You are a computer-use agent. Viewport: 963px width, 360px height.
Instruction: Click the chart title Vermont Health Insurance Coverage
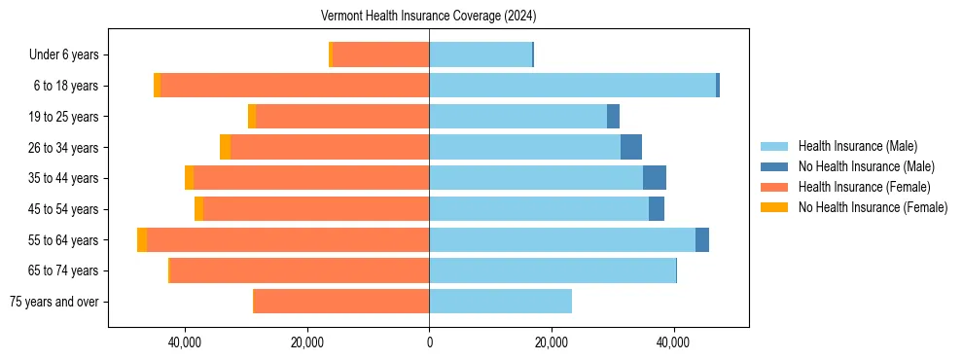tap(428, 17)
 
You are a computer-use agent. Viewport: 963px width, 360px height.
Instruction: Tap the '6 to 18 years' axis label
tap(65, 86)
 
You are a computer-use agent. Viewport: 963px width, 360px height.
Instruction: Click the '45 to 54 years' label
tap(63, 209)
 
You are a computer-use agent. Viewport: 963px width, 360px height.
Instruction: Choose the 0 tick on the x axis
tap(429, 342)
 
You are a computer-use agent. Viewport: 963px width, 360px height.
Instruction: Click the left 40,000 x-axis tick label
tap(184, 342)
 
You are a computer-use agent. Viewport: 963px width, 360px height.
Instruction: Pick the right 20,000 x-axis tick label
tap(552, 342)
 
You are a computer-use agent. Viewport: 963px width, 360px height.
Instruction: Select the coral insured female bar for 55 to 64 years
tap(288, 239)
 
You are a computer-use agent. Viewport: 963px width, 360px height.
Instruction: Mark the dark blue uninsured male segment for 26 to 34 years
tap(631, 147)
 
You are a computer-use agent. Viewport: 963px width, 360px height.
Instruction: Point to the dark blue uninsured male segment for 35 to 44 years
tap(655, 178)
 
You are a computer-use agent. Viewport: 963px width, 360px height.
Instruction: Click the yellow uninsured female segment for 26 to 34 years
tap(225, 147)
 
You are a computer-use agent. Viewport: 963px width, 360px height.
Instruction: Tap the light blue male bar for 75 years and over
tap(500, 302)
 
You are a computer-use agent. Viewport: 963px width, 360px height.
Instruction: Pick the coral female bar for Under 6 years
tap(380, 54)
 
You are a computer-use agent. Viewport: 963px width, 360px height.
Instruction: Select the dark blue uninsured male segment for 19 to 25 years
tap(613, 117)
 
